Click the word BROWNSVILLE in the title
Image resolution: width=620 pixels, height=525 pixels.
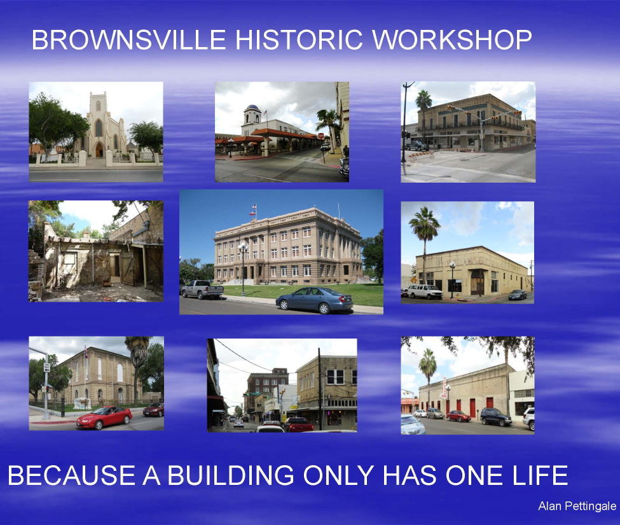tap(128, 39)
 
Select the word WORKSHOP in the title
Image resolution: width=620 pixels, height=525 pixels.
tap(451, 39)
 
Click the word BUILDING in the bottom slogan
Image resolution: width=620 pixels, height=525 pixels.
tap(231, 475)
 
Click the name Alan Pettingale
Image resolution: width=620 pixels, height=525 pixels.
tap(577, 506)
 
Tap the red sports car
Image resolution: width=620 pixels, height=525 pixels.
tap(104, 417)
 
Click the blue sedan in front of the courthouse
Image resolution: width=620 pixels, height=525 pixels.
tap(314, 300)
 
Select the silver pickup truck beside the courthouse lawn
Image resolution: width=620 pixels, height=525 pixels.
tap(202, 290)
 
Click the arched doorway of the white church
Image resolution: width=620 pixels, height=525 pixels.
tap(99, 150)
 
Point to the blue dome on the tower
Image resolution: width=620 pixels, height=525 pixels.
tap(252, 108)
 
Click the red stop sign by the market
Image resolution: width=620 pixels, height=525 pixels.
tap(321, 136)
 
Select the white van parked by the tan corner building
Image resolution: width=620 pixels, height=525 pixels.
tap(425, 291)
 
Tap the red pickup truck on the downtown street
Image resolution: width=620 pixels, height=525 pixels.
tap(298, 425)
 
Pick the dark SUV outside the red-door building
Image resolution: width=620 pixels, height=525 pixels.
tap(496, 417)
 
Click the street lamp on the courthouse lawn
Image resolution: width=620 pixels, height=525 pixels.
tap(243, 269)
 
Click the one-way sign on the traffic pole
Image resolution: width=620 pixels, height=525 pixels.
tap(46, 367)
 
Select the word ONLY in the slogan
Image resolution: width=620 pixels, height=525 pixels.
tap(338, 475)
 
